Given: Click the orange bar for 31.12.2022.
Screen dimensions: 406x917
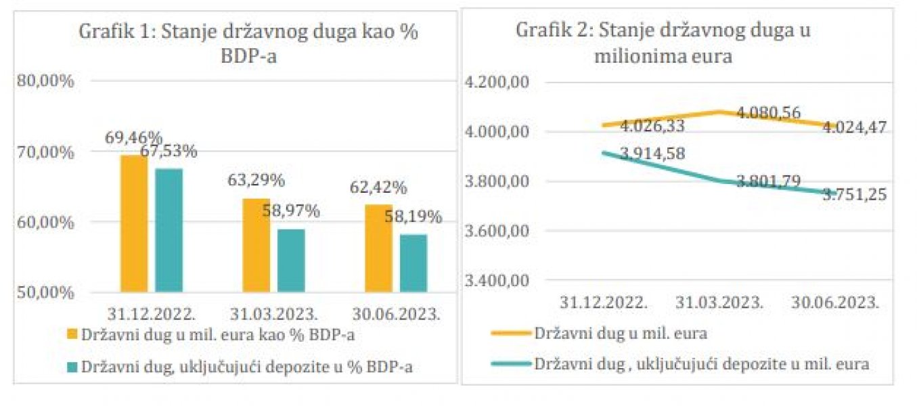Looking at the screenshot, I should [133, 223].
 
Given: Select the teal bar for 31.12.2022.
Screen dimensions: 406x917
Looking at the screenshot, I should [169, 230].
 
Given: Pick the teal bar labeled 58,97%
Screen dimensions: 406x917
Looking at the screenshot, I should [291, 261].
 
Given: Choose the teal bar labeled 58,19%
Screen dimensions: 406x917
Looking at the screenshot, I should [413, 263].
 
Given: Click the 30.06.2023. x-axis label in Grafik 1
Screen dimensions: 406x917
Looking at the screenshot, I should [398, 314].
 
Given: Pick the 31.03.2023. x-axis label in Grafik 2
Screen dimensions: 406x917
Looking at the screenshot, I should [719, 302].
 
